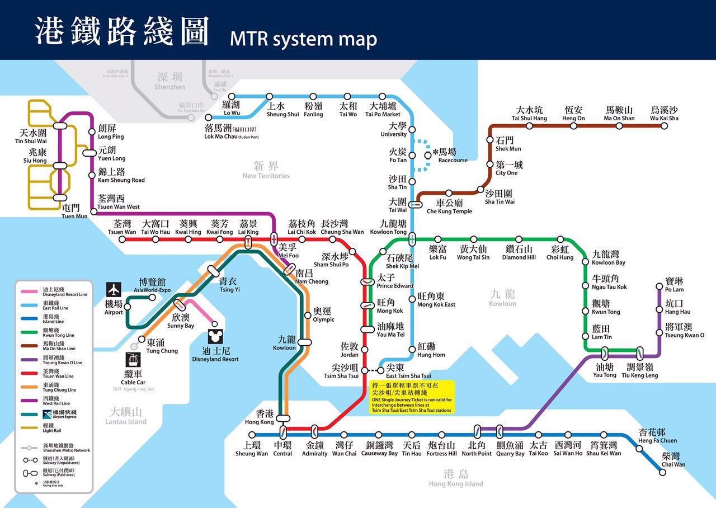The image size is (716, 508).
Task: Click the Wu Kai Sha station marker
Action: coord(664,126)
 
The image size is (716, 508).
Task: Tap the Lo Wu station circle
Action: coord(232,97)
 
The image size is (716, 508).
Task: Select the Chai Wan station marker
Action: coord(662,472)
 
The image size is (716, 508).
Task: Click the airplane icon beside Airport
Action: coord(114,290)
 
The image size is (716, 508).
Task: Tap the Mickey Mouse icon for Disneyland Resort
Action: coord(214,337)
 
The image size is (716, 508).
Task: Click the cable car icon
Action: coord(133,360)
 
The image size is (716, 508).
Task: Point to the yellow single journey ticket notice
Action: coord(412,397)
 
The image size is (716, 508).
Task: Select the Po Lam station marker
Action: coord(659,286)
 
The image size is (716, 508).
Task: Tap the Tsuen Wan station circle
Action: coord(122,239)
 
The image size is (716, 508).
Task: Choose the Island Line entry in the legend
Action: coord(53,319)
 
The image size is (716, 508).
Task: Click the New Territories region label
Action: coord(266,170)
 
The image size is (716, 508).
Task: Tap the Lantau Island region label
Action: coord(126,417)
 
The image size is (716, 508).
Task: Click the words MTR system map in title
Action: coord(303,39)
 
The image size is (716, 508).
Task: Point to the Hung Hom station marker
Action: coord(412,349)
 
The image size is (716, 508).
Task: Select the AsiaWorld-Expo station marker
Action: coord(152,297)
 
